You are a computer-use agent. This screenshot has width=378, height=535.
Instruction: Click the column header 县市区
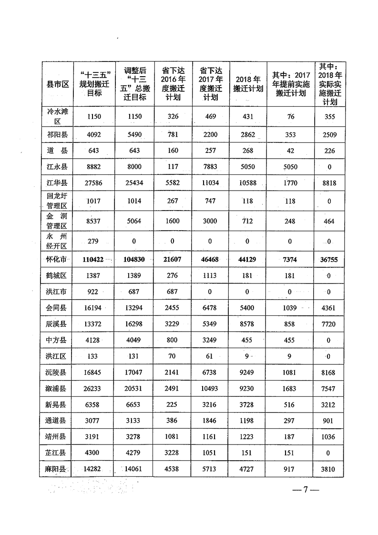pos(58,84)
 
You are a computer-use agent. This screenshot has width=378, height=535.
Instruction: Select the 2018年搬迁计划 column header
pos(248,84)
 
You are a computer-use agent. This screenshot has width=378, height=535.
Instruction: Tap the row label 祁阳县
pos(58,134)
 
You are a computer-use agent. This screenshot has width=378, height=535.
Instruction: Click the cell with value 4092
pos(94,134)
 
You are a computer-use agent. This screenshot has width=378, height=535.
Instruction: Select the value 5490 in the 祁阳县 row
pos(134,134)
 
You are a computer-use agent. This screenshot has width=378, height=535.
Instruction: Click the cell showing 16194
pos(94,308)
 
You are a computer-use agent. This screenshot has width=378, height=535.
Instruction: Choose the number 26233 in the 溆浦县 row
pos(94,389)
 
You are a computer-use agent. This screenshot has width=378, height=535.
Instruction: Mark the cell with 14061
pos(134,469)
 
